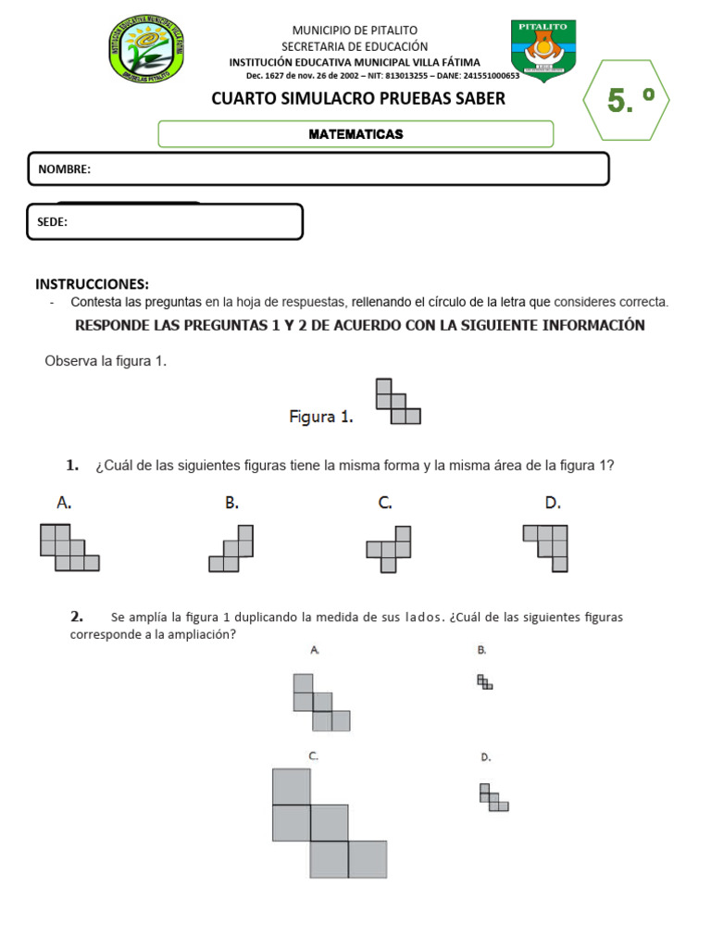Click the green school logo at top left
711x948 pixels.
point(147,49)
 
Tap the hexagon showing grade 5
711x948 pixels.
point(627,100)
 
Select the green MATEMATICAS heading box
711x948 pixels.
point(355,134)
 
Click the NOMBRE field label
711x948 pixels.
point(64,169)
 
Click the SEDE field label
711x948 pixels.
point(53,222)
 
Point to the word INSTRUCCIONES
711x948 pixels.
point(92,284)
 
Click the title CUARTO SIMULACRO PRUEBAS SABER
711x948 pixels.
point(358,98)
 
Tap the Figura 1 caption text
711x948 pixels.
point(321,417)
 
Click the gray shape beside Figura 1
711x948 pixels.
point(397,402)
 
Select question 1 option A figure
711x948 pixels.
point(69,547)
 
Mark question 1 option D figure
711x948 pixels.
point(547,546)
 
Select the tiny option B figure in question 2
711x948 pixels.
point(484,682)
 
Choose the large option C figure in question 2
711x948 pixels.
point(329,823)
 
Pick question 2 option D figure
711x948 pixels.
point(493,797)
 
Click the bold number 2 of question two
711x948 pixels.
point(76,616)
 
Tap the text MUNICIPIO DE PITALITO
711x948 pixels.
point(355,31)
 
